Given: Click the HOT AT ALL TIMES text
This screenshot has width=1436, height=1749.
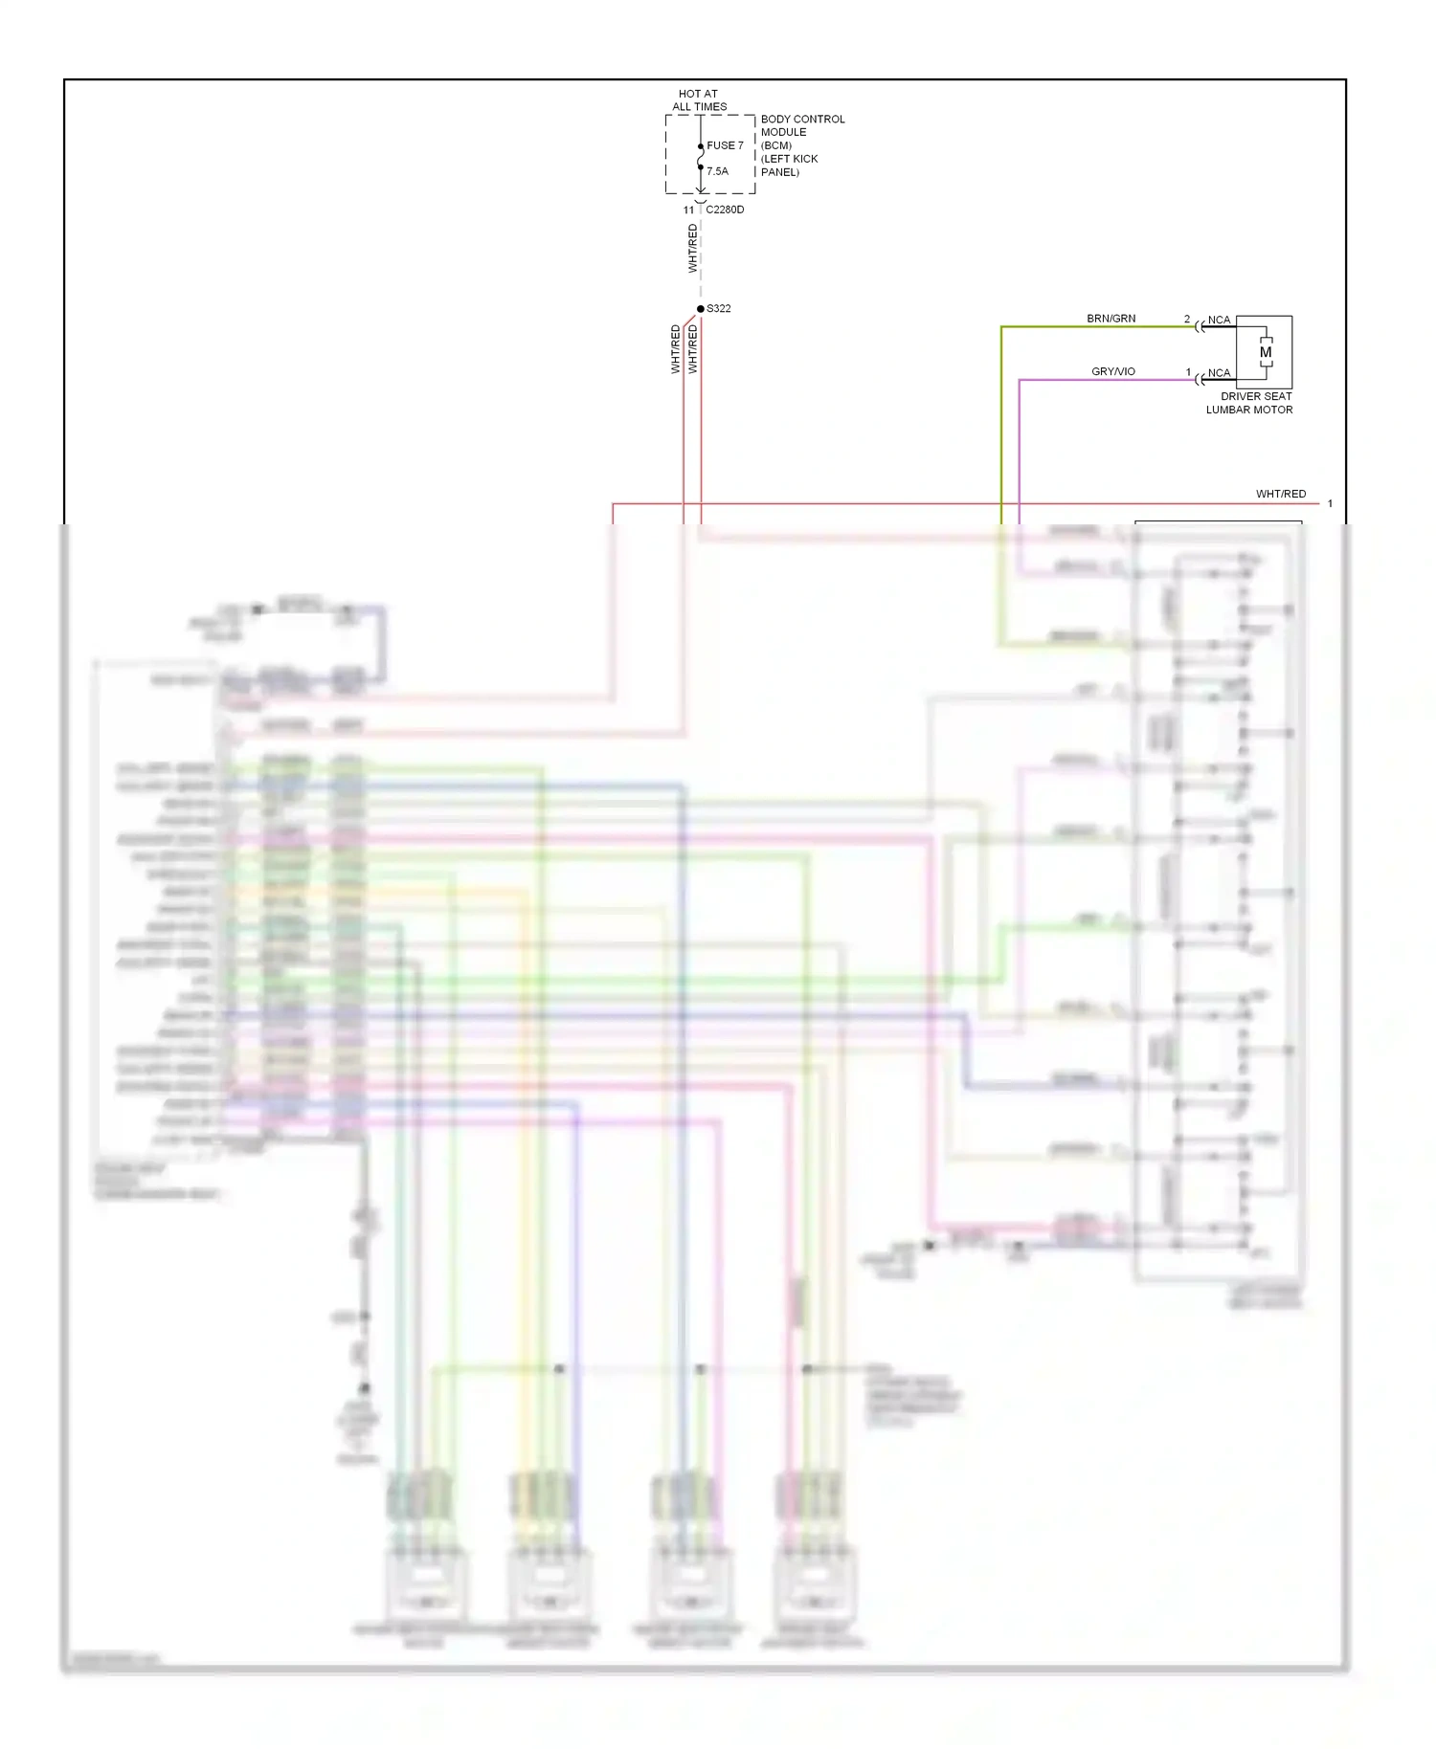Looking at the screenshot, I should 699,100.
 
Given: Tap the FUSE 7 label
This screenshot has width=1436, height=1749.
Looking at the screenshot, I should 725,145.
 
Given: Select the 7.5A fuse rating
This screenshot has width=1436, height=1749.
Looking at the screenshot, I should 717,171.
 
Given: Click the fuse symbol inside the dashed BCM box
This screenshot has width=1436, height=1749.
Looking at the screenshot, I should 701,157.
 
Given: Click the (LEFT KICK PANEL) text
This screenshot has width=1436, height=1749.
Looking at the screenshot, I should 789,166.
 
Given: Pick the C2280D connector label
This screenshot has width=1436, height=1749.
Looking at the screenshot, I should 725,210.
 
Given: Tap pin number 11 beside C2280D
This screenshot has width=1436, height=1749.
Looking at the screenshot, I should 688,210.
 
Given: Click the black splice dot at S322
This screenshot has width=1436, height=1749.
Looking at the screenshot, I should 701,308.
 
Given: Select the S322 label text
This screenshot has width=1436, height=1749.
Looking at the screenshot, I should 719,308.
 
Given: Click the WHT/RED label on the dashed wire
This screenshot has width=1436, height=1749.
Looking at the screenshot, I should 693,249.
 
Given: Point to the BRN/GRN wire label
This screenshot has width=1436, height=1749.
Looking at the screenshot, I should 1111,319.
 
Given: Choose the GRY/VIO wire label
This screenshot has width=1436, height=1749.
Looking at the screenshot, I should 1113,371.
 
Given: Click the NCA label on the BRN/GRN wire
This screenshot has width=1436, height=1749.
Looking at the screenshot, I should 1219,320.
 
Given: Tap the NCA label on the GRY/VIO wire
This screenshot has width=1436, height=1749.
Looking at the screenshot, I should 1219,373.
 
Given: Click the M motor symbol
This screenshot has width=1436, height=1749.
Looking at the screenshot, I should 1266,352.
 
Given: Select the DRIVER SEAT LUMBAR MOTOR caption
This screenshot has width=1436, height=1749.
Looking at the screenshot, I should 1250,403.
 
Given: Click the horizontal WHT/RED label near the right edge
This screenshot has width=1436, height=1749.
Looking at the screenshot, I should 1280,494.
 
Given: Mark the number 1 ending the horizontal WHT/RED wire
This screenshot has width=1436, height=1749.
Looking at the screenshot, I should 1330,503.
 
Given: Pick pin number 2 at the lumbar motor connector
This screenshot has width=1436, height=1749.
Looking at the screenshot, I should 1187,319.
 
